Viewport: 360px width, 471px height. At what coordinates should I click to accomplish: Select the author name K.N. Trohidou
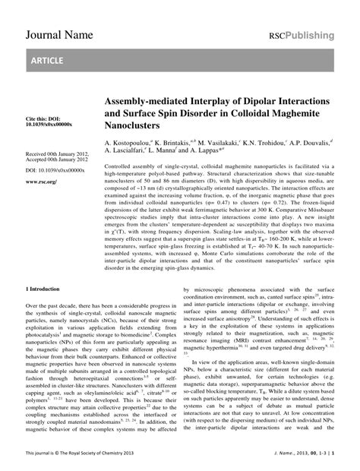pyautogui.click(x=266, y=142)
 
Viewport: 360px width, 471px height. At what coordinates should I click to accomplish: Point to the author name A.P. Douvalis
pyautogui.click(x=318, y=142)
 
